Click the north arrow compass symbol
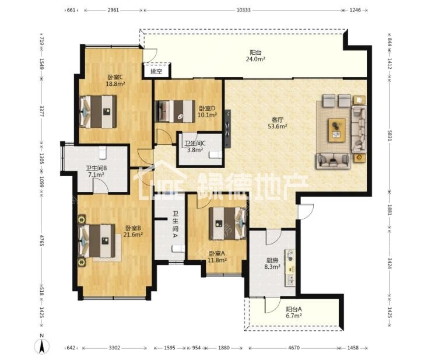tap(42, 345)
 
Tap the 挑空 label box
tap(157, 71)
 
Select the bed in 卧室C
tap(98, 111)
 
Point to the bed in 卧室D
tap(176, 111)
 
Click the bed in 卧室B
tap(97, 241)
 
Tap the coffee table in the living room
tap(336, 130)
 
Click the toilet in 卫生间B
tap(103, 152)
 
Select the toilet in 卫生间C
tap(216, 155)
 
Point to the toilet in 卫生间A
tap(178, 249)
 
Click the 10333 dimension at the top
tap(243, 10)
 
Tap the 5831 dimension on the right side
tap(390, 135)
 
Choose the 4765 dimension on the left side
tap(42, 240)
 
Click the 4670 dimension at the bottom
tap(294, 348)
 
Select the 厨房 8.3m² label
tap(272, 263)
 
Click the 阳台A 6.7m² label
tap(294, 312)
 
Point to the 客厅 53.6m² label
tap(278, 123)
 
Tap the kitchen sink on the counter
tap(290, 279)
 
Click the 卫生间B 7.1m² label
tap(96, 172)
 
